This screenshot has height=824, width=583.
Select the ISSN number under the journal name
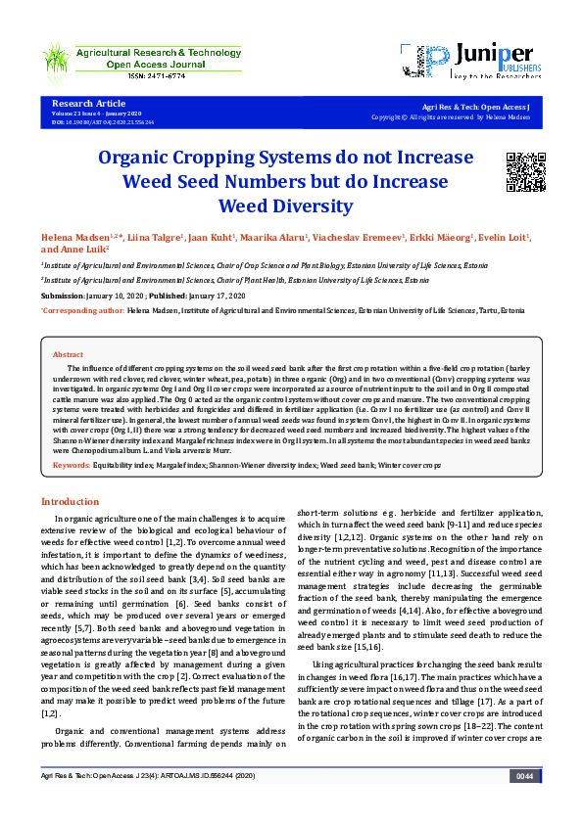tap(135, 75)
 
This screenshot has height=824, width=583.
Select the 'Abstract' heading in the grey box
tap(68, 354)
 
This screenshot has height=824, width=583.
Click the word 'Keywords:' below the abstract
tap(72, 465)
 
